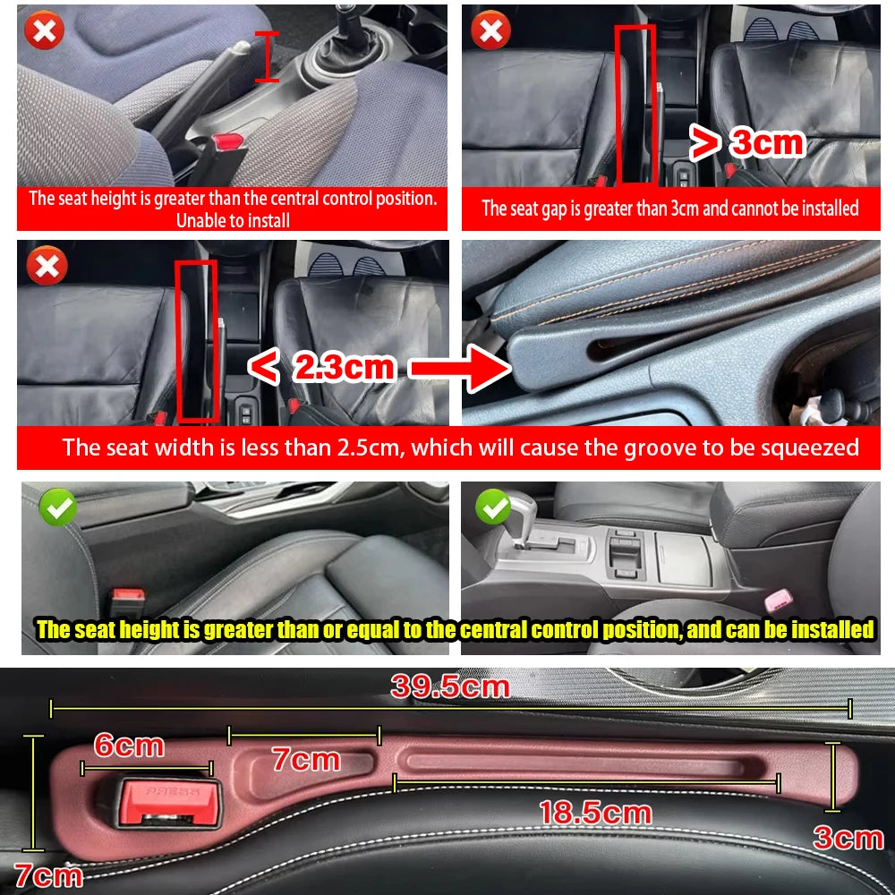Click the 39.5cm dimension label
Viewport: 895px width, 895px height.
coord(449,686)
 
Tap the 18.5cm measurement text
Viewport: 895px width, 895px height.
coord(594,813)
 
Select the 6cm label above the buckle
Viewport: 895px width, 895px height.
coord(129,745)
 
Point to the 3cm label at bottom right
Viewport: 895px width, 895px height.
coord(848,838)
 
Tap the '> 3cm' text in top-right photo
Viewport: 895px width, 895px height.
coord(746,141)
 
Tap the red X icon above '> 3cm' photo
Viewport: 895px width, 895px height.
coord(491,30)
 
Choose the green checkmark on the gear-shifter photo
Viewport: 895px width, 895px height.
coord(492,507)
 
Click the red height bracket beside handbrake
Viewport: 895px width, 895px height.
coord(266,55)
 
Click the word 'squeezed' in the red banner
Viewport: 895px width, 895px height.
coord(803,447)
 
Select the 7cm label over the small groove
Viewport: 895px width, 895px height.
coord(306,761)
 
